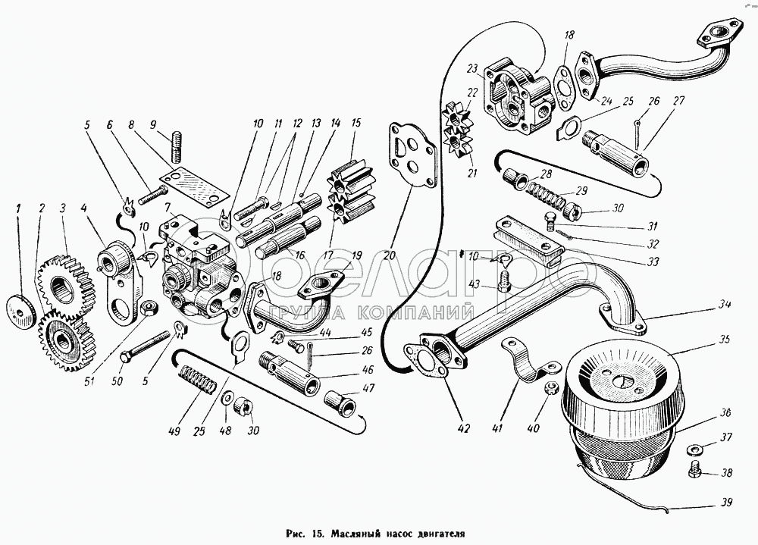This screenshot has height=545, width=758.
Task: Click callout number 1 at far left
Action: [x=19, y=209]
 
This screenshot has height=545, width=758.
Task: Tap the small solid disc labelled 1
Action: [x=22, y=310]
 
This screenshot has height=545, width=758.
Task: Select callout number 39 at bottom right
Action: [x=725, y=503]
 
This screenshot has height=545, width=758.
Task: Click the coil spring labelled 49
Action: [x=199, y=381]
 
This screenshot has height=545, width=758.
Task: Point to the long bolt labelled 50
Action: [x=144, y=346]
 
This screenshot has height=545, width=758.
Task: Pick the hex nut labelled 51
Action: [x=148, y=307]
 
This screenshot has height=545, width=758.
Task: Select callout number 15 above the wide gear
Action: [x=356, y=122]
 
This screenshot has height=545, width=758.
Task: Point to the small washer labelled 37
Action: [x=694, y=450]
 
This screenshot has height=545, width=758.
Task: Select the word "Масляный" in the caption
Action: [x=354, y=534]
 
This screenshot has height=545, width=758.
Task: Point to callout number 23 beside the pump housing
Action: [x=471, y=68]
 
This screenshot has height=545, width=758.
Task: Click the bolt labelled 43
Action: [x=503, y=280]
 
